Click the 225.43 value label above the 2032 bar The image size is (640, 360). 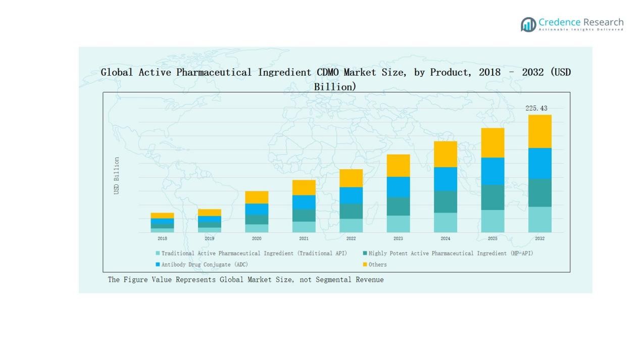[x=536, y=108]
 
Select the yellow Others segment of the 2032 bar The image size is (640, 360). [x=539, y=131]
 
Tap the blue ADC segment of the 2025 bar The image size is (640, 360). [x=493, y=171]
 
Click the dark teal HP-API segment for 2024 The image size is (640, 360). [x=446, y=201]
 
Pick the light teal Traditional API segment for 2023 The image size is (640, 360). [x=398, y=224]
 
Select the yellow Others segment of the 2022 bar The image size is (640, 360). [x=351, y=178]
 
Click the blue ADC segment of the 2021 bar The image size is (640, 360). [x=304, y=202]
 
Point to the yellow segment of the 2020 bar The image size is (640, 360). [x=257, y=197]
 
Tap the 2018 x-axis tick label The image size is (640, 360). [x=162, y=238]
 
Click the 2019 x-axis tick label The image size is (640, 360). [x=209, y=238]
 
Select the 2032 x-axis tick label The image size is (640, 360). [x=539, y=238]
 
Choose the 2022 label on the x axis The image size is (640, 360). [x=351, y=238]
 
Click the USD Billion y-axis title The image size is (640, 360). [x=117, y=176]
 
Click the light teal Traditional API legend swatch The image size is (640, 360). [x=158, y=253]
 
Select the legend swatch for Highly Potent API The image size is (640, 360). [x=365, y=253]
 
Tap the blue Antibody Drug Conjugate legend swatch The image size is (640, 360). [x=158, y=265]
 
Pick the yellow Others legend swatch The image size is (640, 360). [x=365, y=265]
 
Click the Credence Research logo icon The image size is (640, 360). [x=528, y=24]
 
